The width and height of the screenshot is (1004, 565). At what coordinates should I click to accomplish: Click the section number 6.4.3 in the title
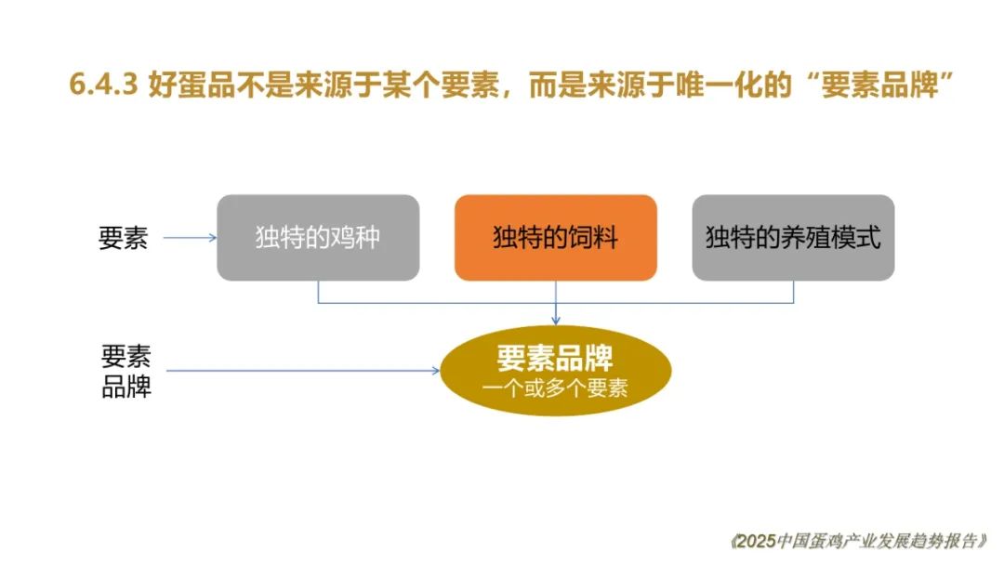(103, 85)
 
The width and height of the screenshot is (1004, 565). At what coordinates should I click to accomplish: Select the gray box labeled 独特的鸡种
(318, 237)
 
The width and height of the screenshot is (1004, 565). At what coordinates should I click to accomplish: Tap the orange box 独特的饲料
(556, 237)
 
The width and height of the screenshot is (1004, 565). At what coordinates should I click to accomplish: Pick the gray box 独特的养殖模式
(793, 237)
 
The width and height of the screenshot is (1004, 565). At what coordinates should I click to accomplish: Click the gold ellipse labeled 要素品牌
(556, 371)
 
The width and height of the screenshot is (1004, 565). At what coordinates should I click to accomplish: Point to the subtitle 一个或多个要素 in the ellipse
(555, 388)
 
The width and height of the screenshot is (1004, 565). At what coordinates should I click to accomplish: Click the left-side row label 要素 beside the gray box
(123, 238)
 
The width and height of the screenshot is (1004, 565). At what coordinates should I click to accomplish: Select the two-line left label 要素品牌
(126, 371)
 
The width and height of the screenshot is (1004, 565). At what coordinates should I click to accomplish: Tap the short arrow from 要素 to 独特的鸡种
(191, 238)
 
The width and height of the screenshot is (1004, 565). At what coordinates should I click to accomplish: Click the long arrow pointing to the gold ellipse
(303, 371)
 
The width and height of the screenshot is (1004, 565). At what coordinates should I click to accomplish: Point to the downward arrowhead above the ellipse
(556, 320)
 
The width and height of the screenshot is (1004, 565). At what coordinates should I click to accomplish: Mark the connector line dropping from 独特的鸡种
(318, 292)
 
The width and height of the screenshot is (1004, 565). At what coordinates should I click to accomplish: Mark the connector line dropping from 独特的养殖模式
(793, 292)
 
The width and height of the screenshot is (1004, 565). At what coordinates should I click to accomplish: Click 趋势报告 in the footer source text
(941, 542)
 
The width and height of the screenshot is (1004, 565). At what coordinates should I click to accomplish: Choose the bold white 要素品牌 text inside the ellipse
(555, 359)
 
